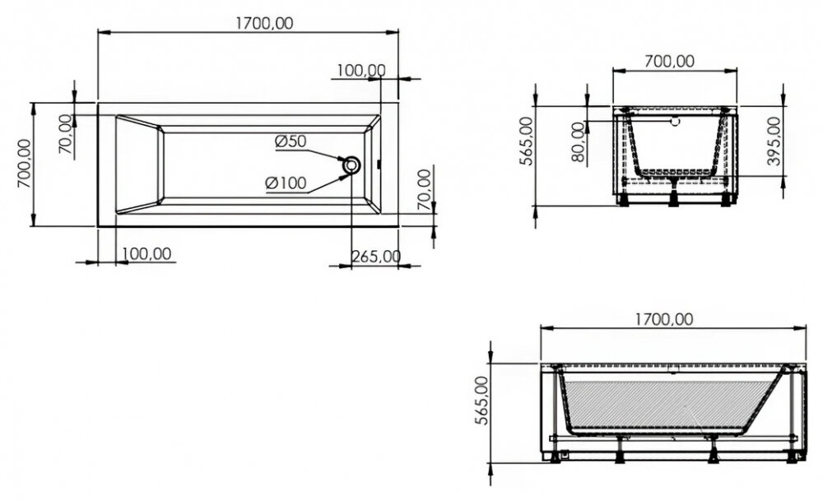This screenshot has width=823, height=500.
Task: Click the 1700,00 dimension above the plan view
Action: [264, 24]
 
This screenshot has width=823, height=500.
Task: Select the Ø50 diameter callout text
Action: [291, 141]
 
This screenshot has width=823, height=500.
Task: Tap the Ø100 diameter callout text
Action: [286, 183]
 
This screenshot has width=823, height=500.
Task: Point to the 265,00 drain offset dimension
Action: [376, 257]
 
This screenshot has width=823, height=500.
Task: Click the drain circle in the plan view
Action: [351, 165]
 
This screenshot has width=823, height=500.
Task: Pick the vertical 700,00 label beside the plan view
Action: [25, 164]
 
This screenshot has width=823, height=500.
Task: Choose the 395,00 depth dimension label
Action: [774, 141]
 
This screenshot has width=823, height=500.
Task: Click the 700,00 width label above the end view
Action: [669, 62]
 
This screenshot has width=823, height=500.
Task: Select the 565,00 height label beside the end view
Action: [526, 141]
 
